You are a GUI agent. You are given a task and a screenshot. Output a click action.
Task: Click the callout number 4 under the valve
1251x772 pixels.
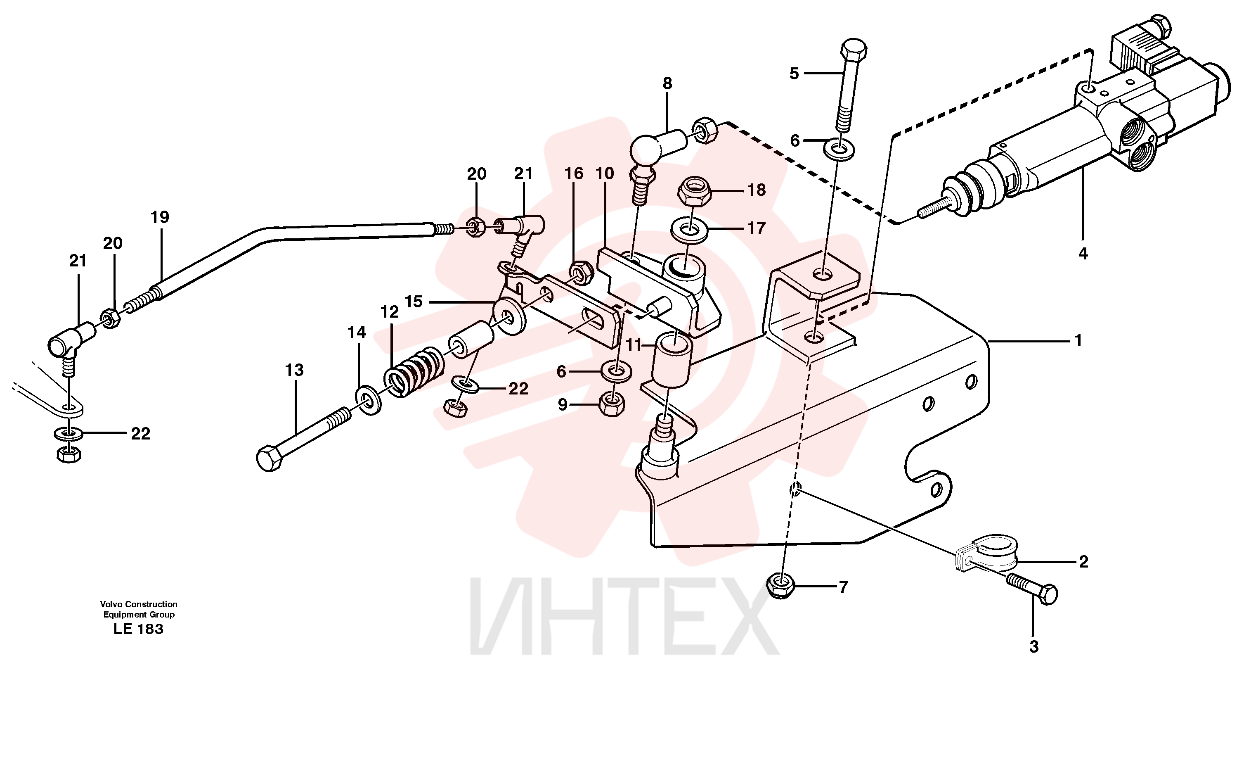pos(1083,253)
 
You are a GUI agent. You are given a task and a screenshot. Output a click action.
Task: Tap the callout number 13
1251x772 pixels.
pos(294,370)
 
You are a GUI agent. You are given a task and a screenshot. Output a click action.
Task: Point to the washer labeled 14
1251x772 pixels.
pos(367,401)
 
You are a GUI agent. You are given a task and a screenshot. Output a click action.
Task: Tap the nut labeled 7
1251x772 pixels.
pos(781,586)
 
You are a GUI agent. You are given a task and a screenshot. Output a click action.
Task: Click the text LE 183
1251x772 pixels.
pos(138,629)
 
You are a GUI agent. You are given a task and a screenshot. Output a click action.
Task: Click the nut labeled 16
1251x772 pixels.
pos(581,272)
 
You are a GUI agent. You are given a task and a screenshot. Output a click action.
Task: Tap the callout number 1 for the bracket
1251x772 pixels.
pos(1078,340)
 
